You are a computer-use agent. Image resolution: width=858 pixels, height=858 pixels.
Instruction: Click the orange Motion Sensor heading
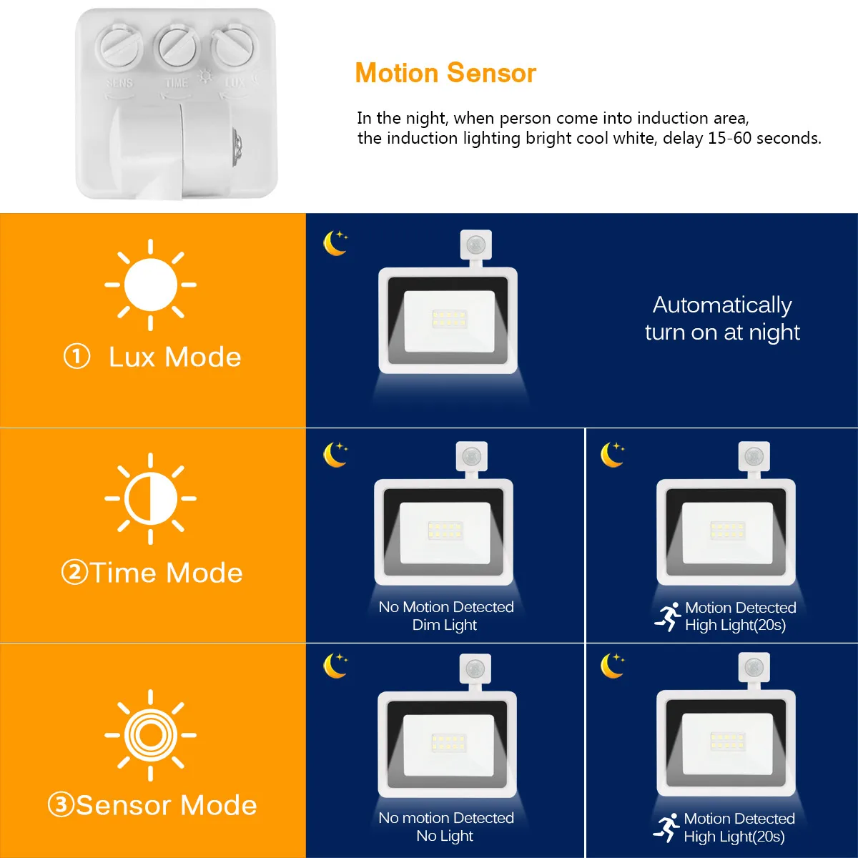coord(445,73)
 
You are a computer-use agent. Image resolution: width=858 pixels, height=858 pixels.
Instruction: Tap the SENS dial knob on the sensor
coord(119,46)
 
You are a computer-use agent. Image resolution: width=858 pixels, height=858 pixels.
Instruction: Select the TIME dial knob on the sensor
coord(177,46)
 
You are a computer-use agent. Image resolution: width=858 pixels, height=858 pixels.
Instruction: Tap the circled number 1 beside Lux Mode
coord(77,357)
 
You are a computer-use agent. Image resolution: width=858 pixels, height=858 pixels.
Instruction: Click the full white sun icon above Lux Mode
coord(150,285)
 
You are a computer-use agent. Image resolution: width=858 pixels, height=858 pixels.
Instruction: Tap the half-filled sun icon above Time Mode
coord(150,498)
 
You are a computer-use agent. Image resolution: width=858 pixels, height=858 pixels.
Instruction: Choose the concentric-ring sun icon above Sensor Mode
coord(150,736)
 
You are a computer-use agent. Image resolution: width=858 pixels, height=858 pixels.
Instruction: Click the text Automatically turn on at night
coord(722,318)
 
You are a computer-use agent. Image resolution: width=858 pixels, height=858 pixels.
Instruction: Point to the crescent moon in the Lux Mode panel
coord(335,243)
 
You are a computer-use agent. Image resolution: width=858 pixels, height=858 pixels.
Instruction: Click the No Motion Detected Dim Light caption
coord(445,616)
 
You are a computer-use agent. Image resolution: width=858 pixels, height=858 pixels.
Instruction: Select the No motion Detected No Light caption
coord(445,827)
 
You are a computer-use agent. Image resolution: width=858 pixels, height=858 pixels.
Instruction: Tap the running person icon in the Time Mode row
coord(667,616)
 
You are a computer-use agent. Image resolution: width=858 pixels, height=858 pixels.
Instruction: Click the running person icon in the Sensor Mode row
coord(666,828)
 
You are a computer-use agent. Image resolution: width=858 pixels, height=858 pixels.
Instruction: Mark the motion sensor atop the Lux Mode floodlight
coord(476,245)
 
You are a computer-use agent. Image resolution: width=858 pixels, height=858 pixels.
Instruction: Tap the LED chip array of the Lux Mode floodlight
coord(449,319)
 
